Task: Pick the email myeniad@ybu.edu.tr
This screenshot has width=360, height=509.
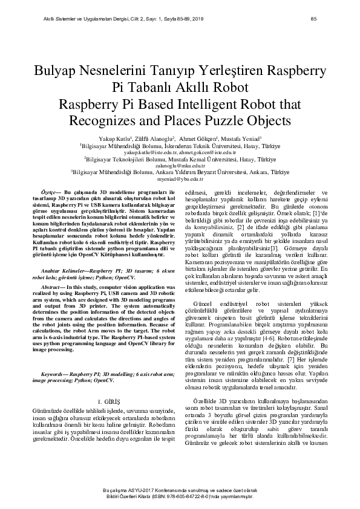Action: [180, 180]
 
